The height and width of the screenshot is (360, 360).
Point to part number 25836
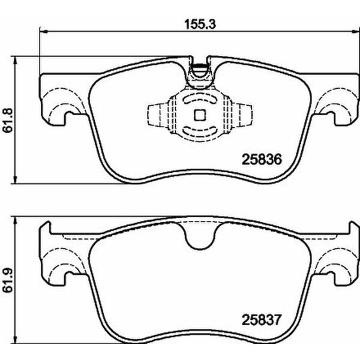click(x=261, y=160)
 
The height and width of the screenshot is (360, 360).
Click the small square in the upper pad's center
click(x=200, y=116)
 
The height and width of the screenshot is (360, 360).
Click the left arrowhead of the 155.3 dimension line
click(x=42, y=31)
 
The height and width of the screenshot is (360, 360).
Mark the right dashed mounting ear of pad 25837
click(x=332, y=264)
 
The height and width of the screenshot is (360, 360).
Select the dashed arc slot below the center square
click(x=200, y=132)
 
